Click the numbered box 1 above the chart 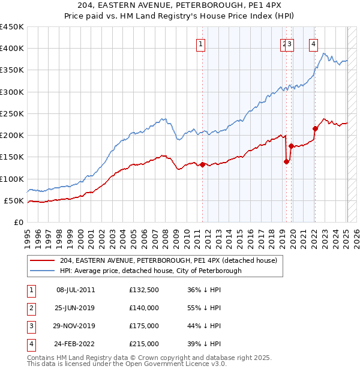tap(200, 43)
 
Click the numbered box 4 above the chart tap(313, 43)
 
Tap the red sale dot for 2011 tap(203, 164)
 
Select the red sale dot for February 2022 tap(315, 128)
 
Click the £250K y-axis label tap(12, 113)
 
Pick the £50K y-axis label tap(14, 200)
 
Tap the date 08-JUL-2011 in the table tap(76, 290)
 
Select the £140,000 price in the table tap(144, 308)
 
